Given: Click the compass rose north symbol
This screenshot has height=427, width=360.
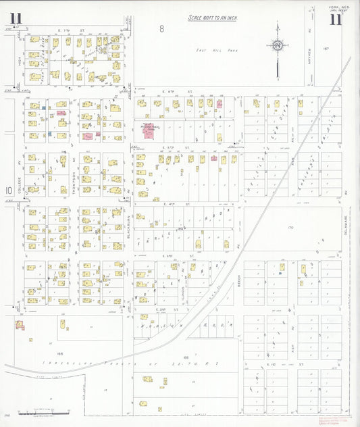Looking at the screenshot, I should (x=277, y=45).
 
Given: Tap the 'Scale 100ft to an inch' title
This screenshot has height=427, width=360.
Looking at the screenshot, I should (x=212, y=18).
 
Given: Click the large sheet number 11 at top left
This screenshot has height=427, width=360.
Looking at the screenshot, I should (x=16, y=18).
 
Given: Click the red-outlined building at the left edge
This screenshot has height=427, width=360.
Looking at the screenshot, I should (x=20, y=325).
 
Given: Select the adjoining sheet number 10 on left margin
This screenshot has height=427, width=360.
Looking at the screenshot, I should (x=8, y=191).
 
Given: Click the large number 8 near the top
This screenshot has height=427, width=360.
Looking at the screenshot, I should (x=162, y=28).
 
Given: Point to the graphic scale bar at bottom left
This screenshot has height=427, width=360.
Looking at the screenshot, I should (x=44, y=411).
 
